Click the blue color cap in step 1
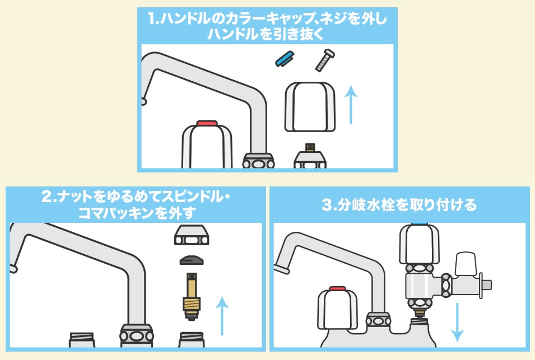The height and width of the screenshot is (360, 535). (x=285, y=58)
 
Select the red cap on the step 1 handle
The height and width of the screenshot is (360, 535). (x=207, y=122)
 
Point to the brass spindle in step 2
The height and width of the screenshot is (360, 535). (x=192, y=296)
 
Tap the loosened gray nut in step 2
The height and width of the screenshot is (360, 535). (x=192, y=236)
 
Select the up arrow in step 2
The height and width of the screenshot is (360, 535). (x=222, y=316)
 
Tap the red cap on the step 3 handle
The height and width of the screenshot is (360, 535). (x=337, y=289)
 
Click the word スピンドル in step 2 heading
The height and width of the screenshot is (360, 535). (x=190, y=198)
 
